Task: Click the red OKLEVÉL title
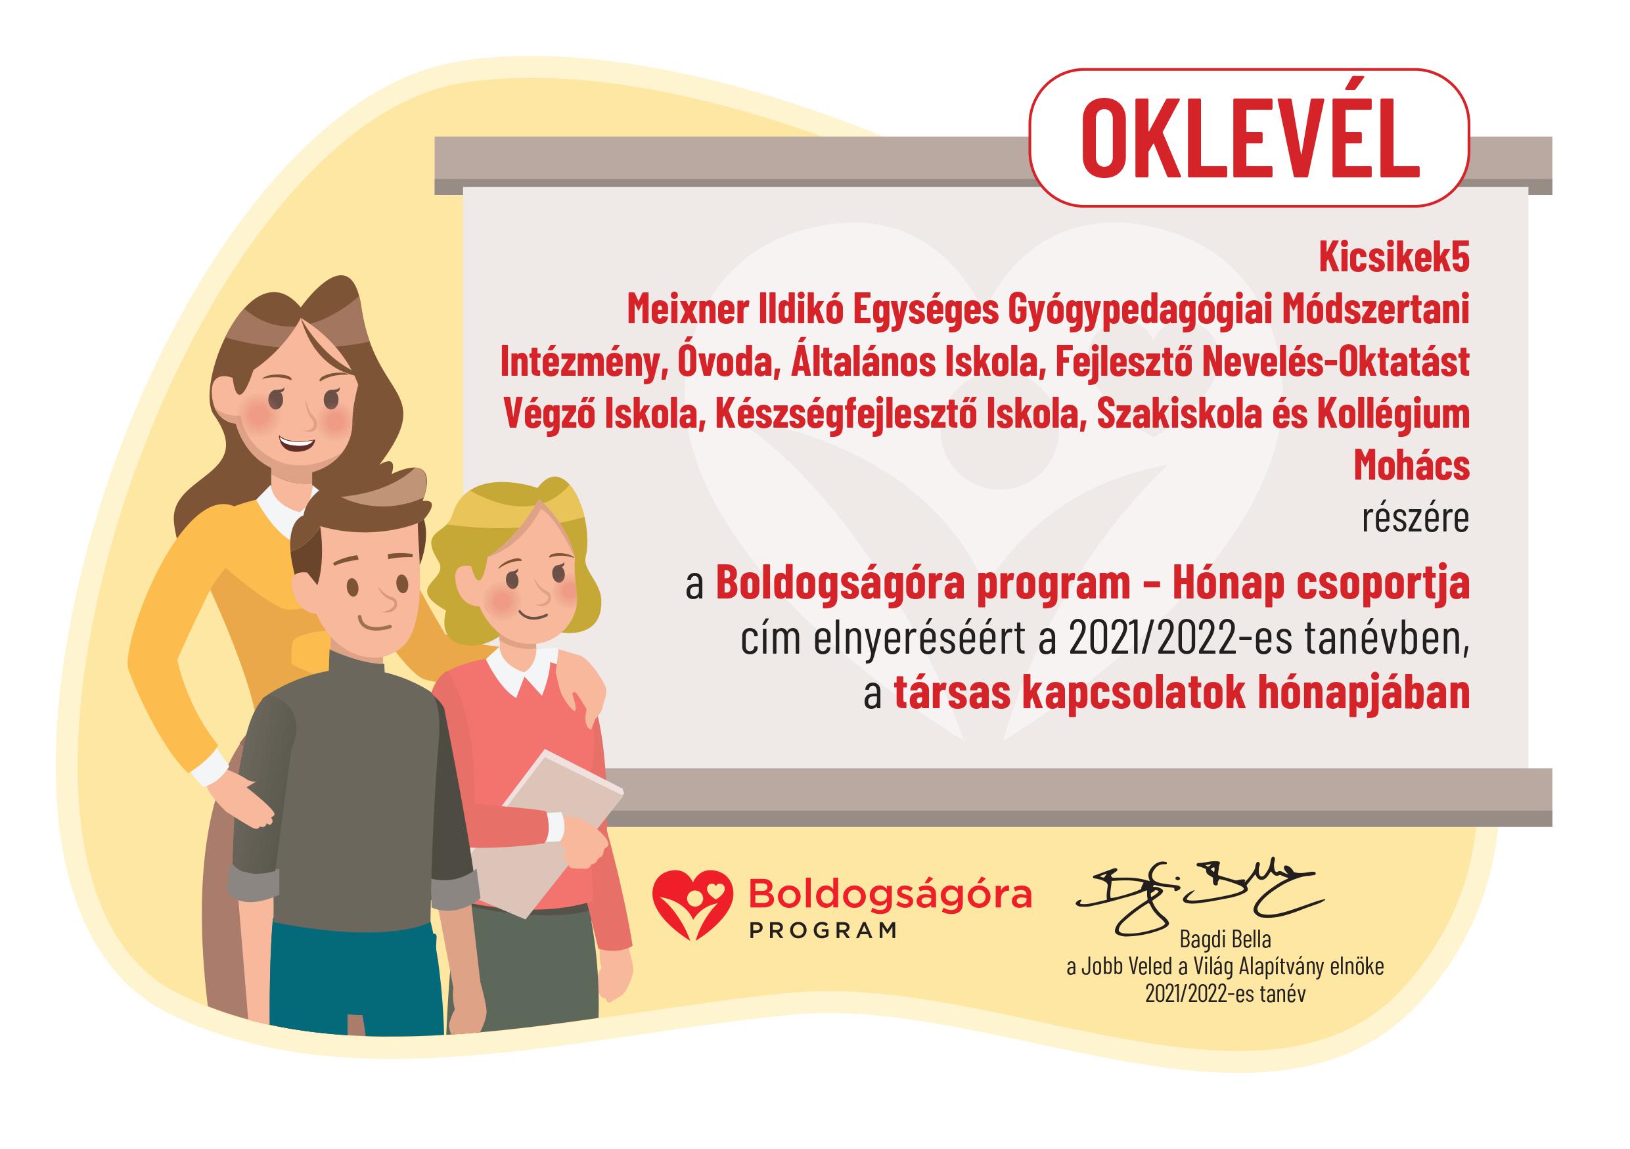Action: tap(1249, 138)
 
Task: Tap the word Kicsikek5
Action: tap(1393, 258)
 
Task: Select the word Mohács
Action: tap(1411, 466)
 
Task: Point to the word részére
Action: tap(1415, 518)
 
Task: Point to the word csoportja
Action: tap(1390, 584)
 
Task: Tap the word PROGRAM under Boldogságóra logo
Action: tap(823, 930)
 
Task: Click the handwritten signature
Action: tap(1199, 896)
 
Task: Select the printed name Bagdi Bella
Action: tap(1225, 939)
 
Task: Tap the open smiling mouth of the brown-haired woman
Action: tap(296, 445)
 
